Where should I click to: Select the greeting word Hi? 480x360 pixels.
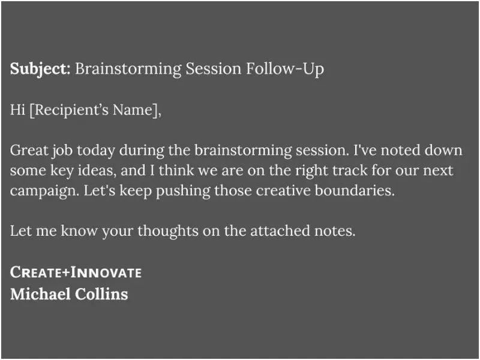[x=17, y=110]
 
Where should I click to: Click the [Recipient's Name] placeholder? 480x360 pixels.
[x=95, y=110]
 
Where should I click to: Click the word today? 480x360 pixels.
[x=96, y=151]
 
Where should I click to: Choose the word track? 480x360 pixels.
[x=350, y=170]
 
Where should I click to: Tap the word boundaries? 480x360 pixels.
[x=355, y=190]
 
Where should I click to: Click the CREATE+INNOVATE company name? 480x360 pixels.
[x=76, y=272]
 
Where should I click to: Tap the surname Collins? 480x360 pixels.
[x=101, y=294]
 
